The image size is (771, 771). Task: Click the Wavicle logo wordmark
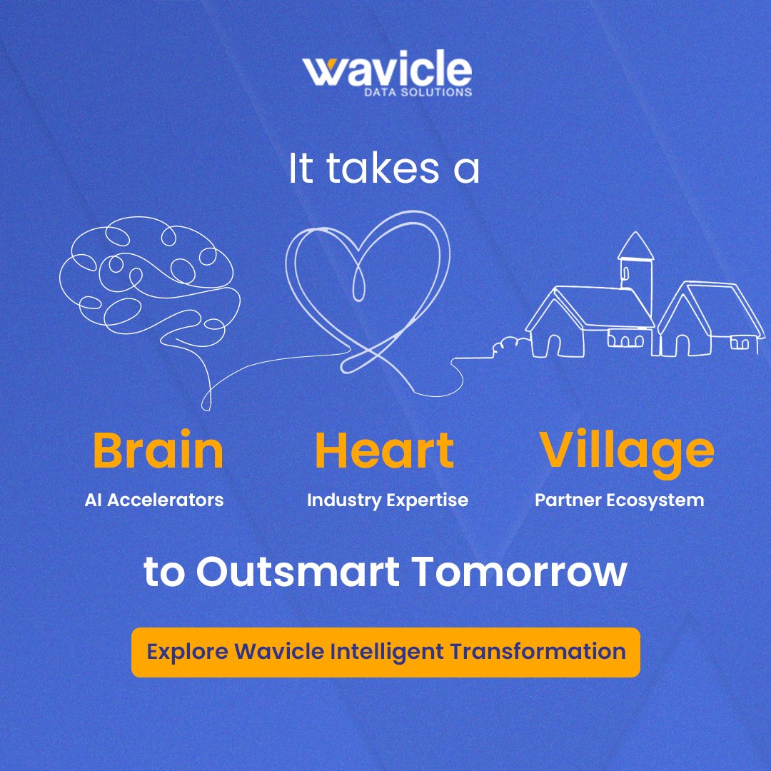pyautogui.click(x=386, y=71)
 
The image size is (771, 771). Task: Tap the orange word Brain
pyautogui.click(x=158, y=451)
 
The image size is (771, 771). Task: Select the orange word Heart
pyautogui.click(x=384, y=451)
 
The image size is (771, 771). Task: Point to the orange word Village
pyautogui.click(x=626, y=450)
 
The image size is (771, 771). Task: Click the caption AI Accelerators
pyautogui.click(x=154, y=500)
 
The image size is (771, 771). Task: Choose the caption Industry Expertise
pyautogui.click(x=388, y=500)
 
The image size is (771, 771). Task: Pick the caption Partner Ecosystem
pyautogui.click(x=620, y=500)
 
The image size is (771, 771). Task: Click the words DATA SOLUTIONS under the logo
pyautogui.click(x=425, y=92)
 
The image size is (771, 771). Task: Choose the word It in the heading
pyautogui.click(x=300, y=170)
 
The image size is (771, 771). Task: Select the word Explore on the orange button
pyautogui.click(x=187, y=651)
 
